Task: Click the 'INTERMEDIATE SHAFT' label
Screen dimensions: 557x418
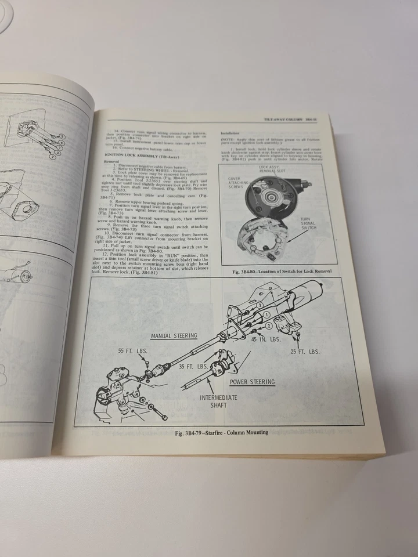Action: tap(219, 402)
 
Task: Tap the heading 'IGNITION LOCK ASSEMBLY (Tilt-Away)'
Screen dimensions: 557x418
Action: tap(141, 155)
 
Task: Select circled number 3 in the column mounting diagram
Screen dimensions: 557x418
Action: tap(259, 303)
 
